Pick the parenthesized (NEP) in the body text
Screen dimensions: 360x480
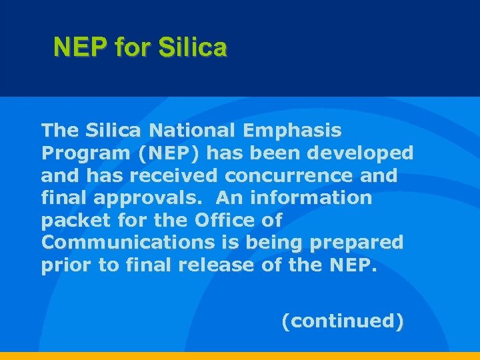[169, 153]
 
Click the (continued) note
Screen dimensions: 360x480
[343, 321]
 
